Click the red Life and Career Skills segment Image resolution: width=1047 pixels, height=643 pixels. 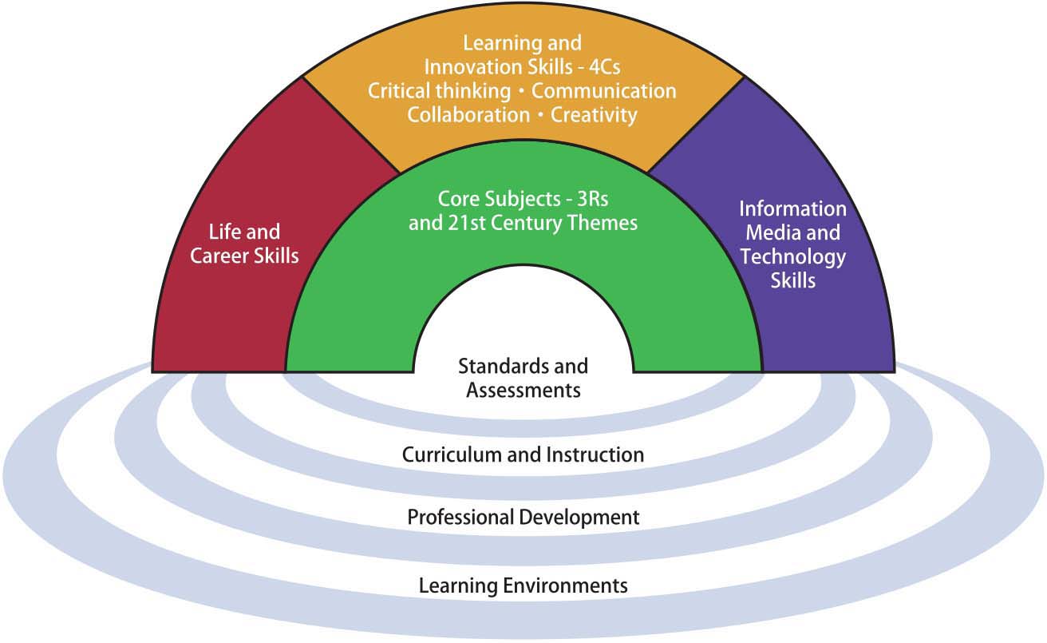231,304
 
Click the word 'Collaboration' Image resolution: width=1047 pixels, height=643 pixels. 468,115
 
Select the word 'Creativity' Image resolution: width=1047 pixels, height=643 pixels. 595,115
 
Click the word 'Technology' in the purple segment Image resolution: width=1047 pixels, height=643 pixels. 792,257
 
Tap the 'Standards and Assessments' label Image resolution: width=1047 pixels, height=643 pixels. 523,378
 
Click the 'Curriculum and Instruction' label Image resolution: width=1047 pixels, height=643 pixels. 523,455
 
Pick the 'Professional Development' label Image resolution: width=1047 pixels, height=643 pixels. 523,518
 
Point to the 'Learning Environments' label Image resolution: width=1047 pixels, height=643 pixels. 523,585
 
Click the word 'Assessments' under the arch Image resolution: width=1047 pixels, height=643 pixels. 523,391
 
